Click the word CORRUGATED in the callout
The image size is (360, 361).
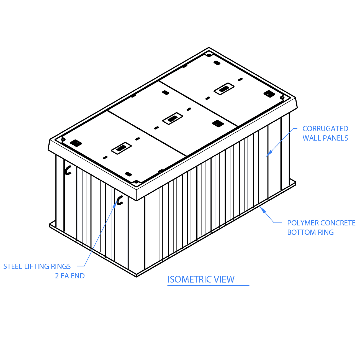[325, 129]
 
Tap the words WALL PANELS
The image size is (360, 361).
[325, 138]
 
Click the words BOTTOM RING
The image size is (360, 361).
[310, 232]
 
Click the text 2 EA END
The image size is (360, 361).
[70, 276]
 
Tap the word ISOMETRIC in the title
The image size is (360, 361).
[190, 279]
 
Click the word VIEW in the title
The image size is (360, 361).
[224, 279]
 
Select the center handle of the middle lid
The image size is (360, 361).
[173, 119]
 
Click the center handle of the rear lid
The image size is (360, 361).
[224, 89]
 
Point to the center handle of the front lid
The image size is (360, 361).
[121, 148]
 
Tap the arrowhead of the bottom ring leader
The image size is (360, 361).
[262, 209]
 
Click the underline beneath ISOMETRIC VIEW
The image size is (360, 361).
[208, 285]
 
